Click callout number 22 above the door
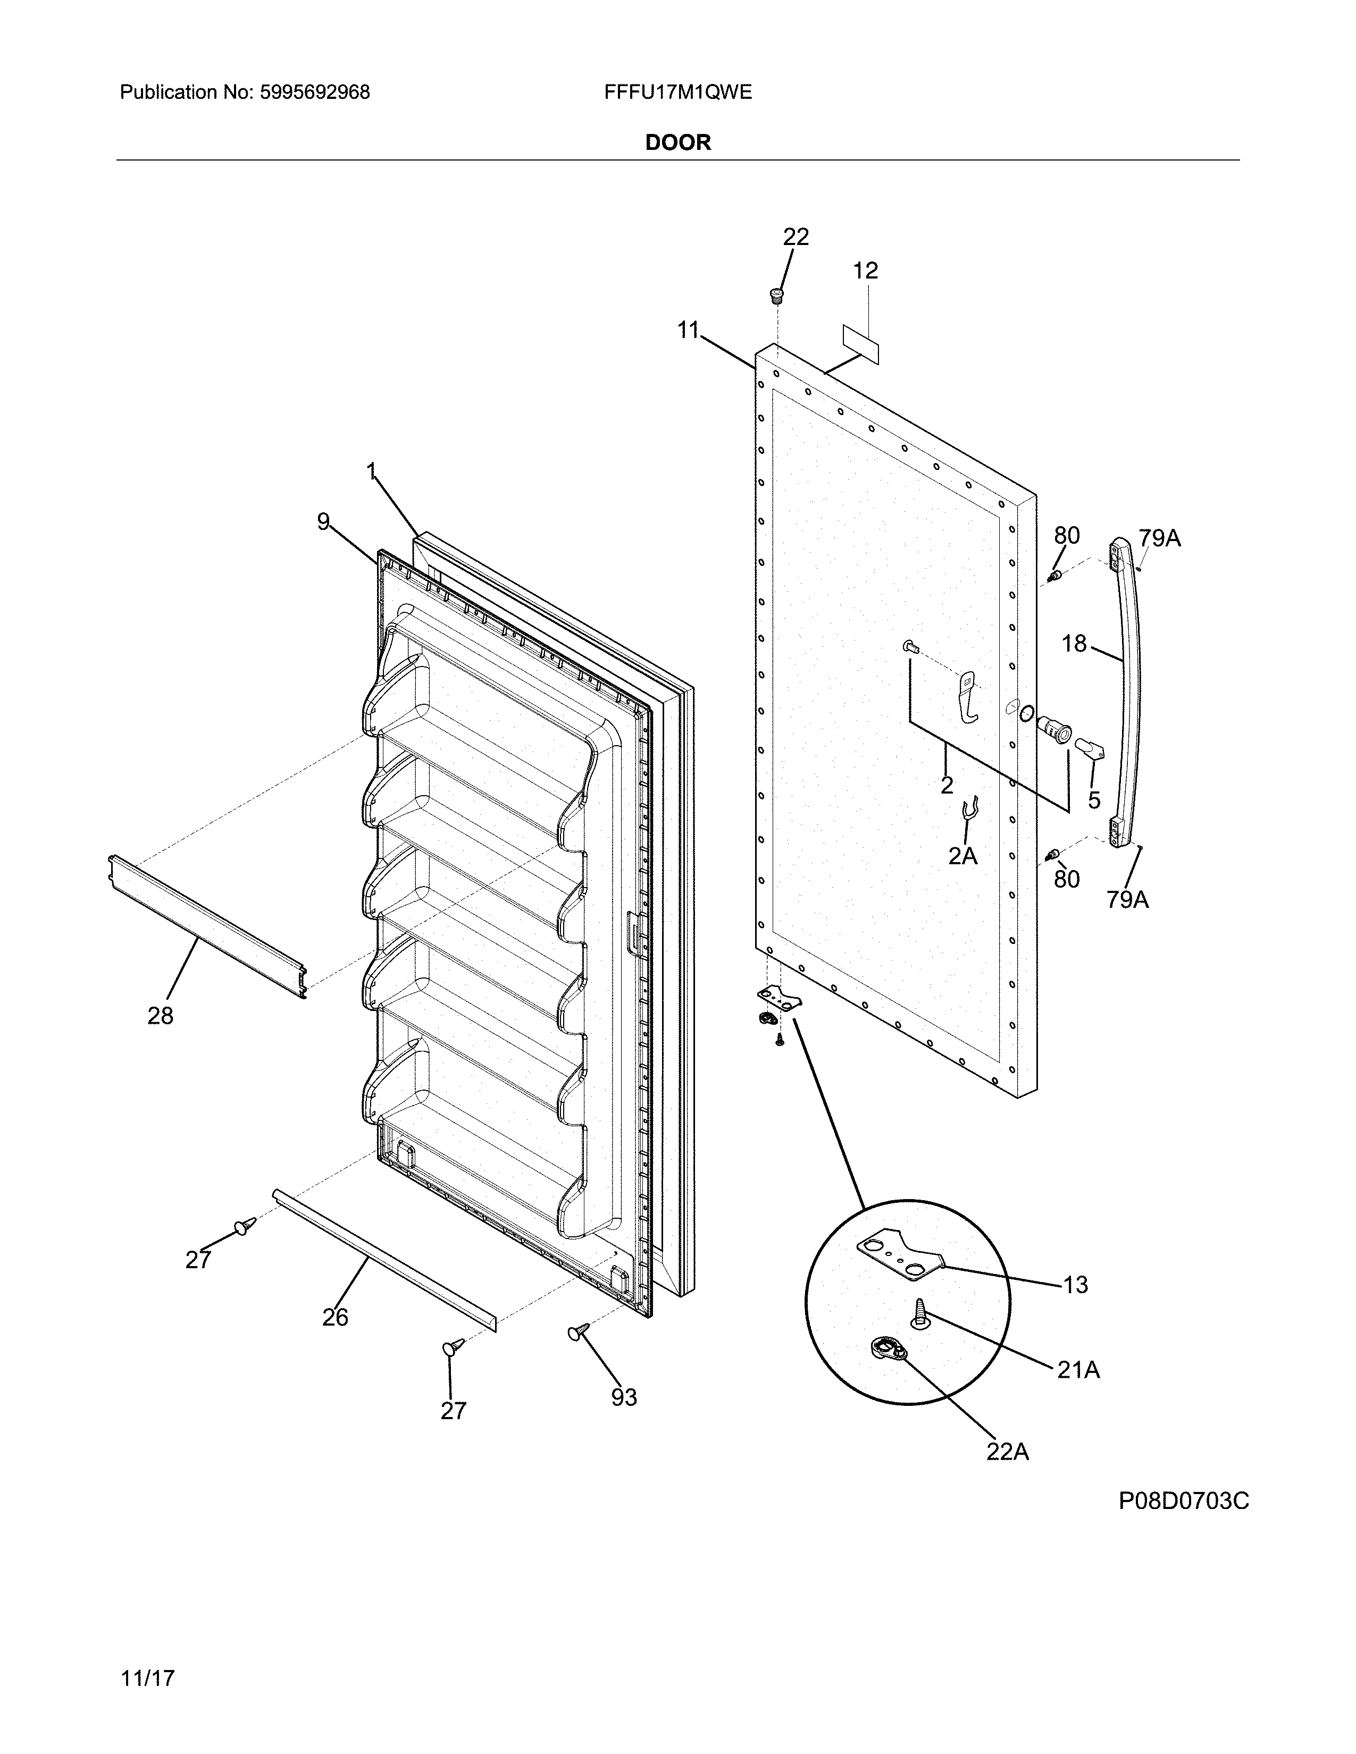[x=796, y=237]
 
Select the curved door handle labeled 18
[x=1131, y=690]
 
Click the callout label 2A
[x=962, y=856]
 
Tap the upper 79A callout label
[x=1159, y=539]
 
